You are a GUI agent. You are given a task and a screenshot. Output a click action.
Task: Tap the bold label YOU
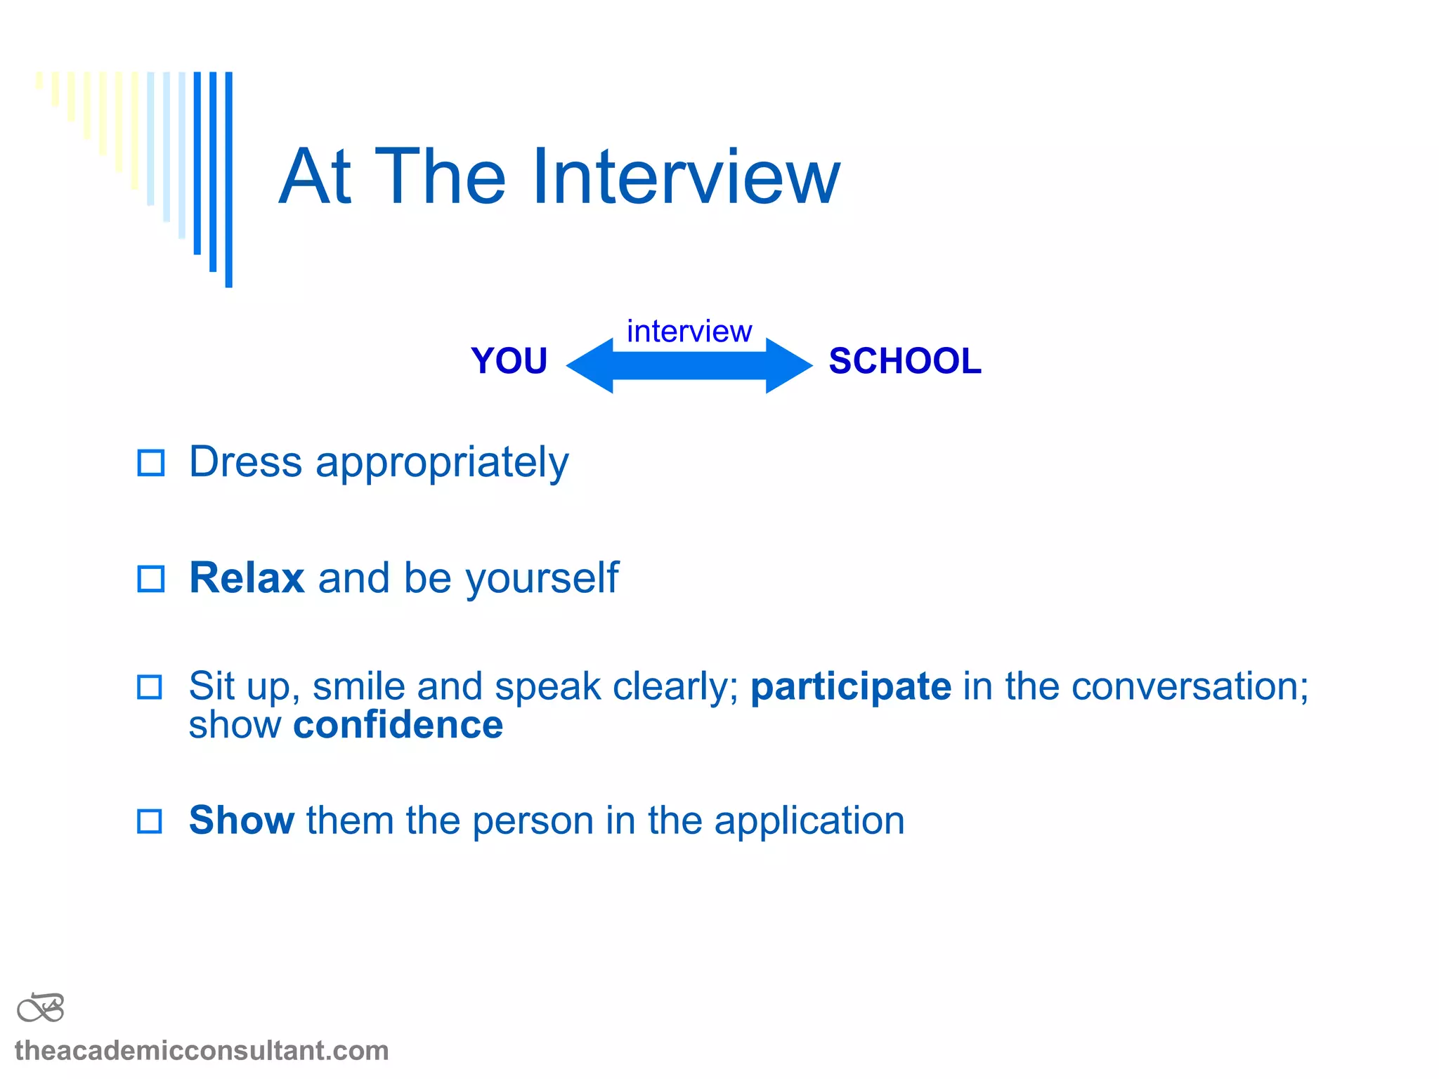(509, 361)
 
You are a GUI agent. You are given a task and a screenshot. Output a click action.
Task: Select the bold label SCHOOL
(904, 361)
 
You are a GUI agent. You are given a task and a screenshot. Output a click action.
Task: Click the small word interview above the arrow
(689, 331)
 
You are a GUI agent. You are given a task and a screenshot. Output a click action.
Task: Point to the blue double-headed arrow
(689, 365)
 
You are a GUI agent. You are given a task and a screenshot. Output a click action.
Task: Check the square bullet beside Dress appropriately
(150, 463)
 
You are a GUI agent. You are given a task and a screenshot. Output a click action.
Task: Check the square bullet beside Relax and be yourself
(150, 579)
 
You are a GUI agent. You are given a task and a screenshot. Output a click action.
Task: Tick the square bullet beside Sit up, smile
(149, 687)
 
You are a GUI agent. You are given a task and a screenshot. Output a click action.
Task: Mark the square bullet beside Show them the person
(149, 821)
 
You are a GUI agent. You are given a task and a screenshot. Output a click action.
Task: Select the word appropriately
(442, 464)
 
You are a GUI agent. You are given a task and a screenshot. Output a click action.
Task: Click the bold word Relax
(247, 578)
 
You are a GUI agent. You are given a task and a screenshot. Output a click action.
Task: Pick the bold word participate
(851, 687)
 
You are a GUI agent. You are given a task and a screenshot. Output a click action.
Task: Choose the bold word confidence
(398, 725)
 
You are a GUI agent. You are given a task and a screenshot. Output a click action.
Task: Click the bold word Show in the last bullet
(242, 820)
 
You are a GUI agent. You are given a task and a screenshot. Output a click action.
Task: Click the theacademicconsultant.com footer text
(202, 1051)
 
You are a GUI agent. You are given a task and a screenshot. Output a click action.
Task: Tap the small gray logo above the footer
(41, 1008)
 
